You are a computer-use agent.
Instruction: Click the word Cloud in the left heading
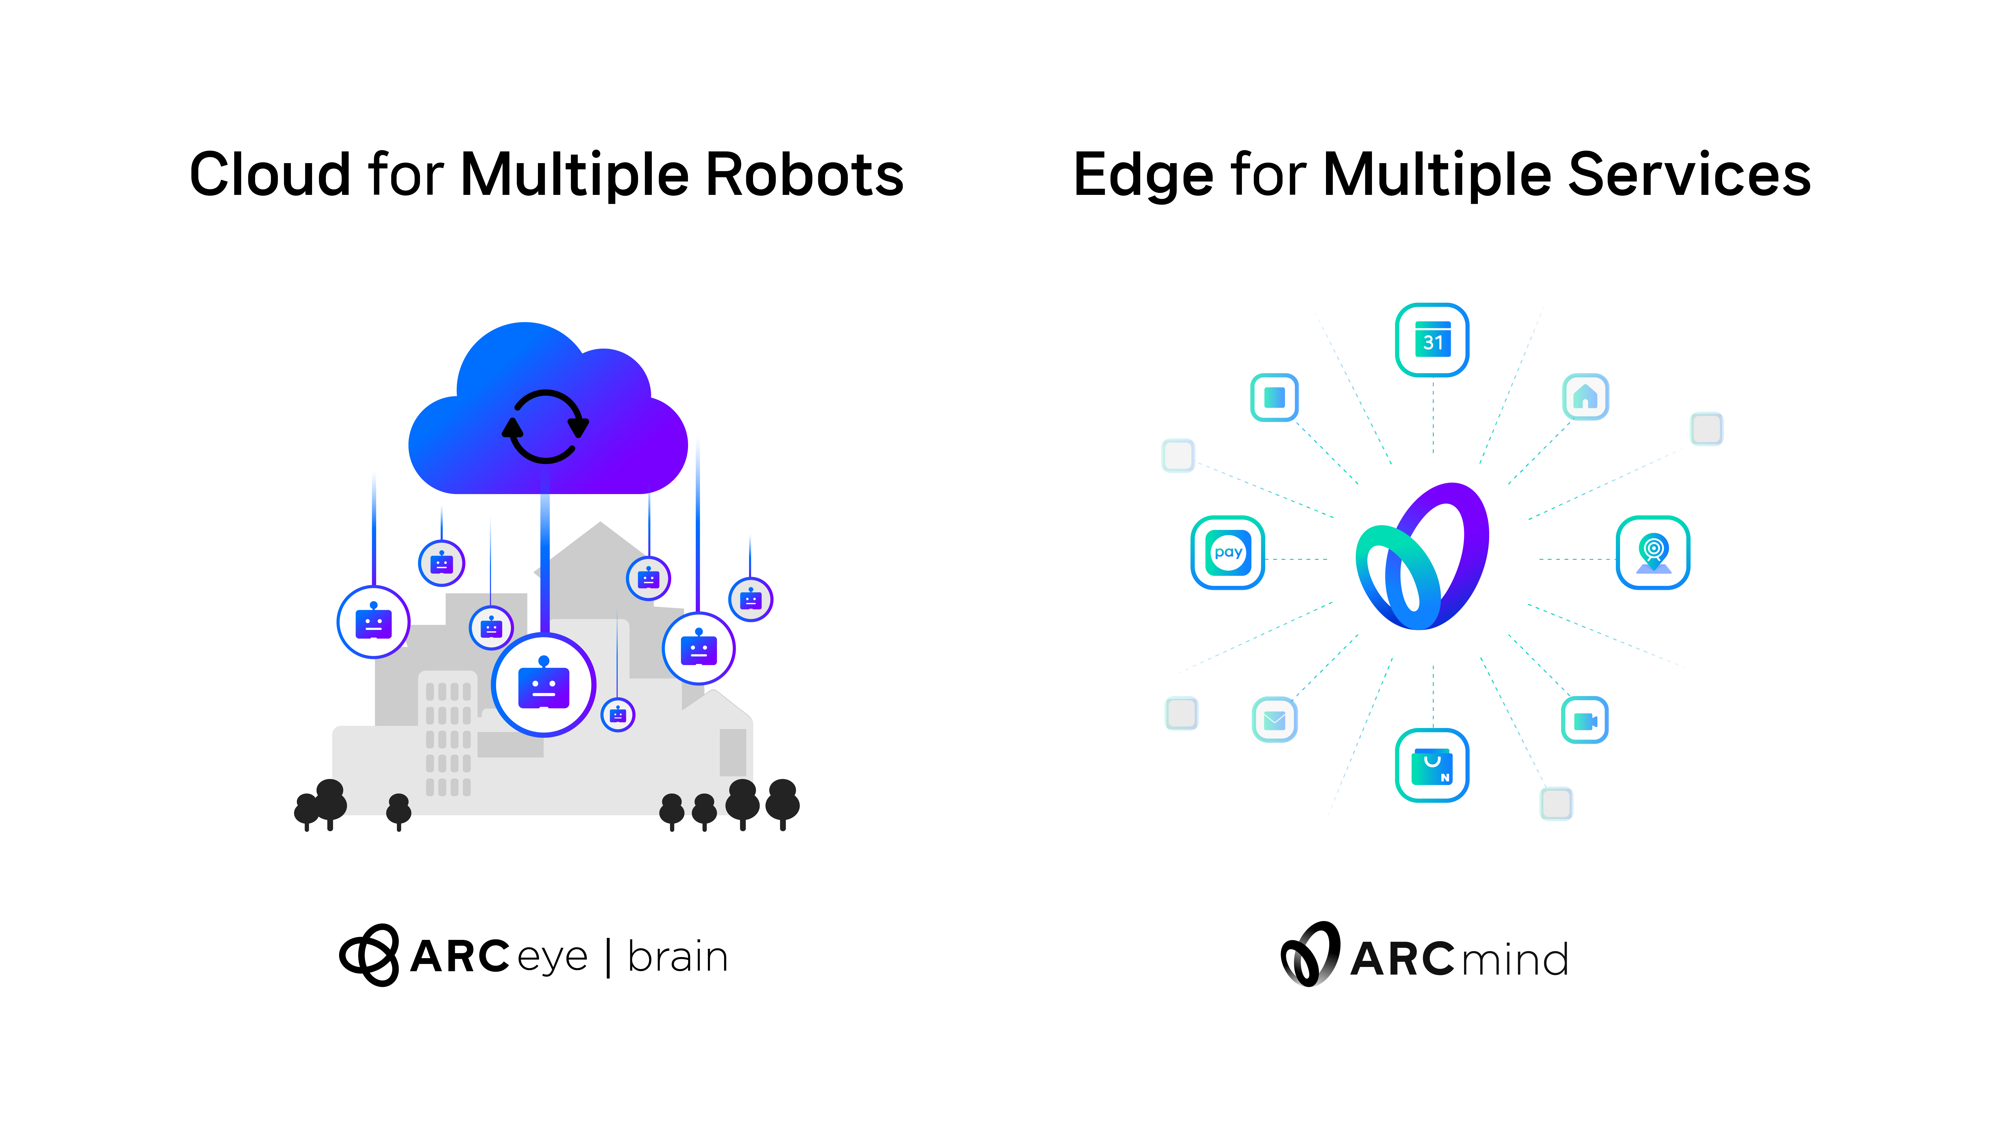point(270,174)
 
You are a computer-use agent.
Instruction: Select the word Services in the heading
point(1690,174)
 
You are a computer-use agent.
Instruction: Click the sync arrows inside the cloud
point(545,426)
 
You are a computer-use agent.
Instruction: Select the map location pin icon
point(1653,553)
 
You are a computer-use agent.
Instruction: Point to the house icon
point(1585,397)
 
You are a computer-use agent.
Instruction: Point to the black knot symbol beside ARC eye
point(370,955)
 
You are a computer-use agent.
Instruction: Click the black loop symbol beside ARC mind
point(1310,954)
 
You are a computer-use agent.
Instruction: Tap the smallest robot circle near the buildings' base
point(618,715)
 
